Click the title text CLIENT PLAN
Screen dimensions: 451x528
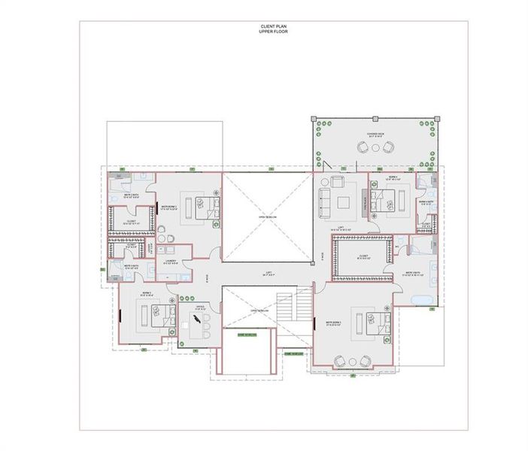(263, 26)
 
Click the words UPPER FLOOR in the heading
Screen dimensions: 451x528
(263, 32)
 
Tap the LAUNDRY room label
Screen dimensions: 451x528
(171, 262)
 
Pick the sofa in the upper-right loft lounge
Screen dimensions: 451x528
(324, 201)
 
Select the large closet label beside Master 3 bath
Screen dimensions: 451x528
(362, 257)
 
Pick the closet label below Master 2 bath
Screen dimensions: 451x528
(130, 222)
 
